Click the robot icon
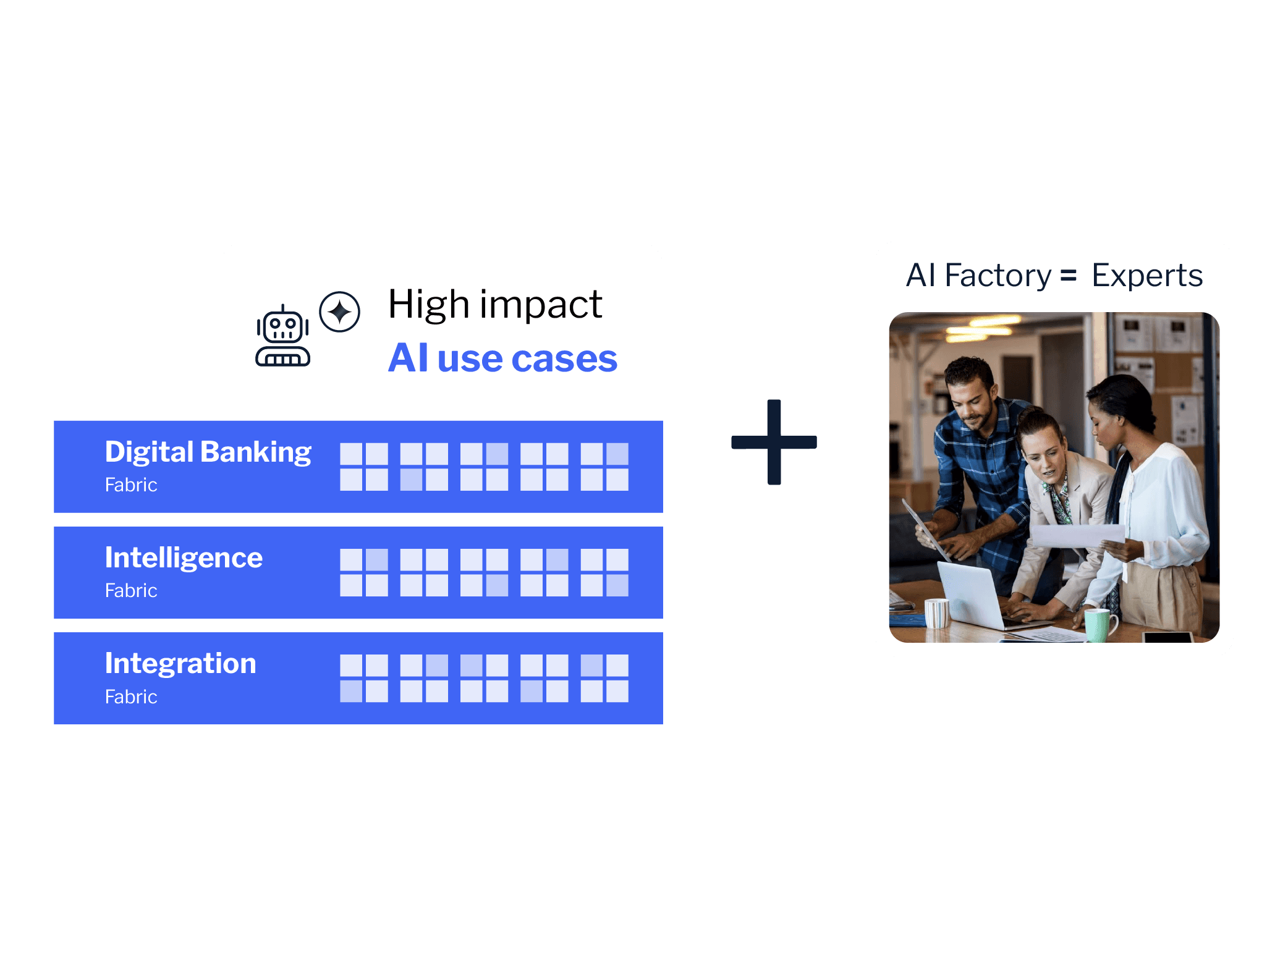282,336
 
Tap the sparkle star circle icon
339,311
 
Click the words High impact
494,305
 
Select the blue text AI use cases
502,358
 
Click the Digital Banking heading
208,452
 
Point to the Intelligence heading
184,558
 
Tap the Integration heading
180,664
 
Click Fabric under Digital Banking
131,485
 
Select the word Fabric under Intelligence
131,591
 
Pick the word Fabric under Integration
131,697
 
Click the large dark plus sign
774,442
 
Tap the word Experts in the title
1146,276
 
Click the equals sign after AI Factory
1069,276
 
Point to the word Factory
997,276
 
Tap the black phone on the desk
1167,637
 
